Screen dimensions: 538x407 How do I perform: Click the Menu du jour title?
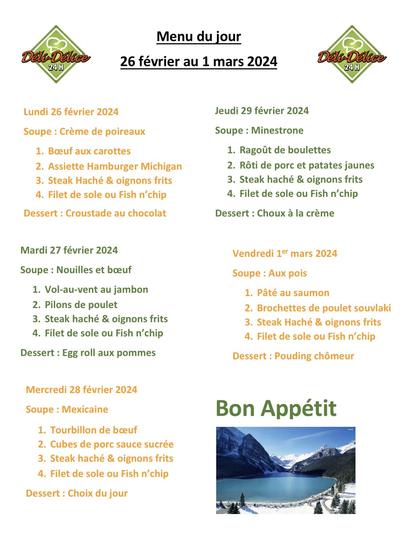click(198, 37)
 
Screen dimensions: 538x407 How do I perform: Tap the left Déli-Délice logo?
click(55, 54)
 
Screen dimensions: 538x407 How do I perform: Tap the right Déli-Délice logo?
click(351, 54)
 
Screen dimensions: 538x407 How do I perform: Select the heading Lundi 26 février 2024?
click(71, 112)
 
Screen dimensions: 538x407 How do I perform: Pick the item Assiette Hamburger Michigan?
click(115, 166)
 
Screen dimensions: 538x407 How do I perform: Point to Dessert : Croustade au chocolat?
click(95, 213)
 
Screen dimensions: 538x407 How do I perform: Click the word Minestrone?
click(277, 130)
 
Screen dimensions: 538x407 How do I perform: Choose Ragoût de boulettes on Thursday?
click(285, 150)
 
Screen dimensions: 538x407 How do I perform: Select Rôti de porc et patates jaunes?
click(307, 165)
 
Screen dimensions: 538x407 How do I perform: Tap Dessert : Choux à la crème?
click(275, 213)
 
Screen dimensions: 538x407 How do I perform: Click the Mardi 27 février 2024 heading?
click(69, 250)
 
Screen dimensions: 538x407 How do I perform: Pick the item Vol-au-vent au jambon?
click(96, 289)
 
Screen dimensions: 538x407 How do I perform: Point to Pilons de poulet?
click(81, 304)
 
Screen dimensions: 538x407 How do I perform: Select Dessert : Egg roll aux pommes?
click(88, 352)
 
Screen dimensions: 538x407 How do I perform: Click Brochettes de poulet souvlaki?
click(324, 308)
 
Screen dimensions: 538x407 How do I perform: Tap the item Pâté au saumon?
click(293, 292)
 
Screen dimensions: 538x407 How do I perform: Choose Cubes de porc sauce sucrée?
click(112, 444)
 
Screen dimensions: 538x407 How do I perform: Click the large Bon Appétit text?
click(276, 408)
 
